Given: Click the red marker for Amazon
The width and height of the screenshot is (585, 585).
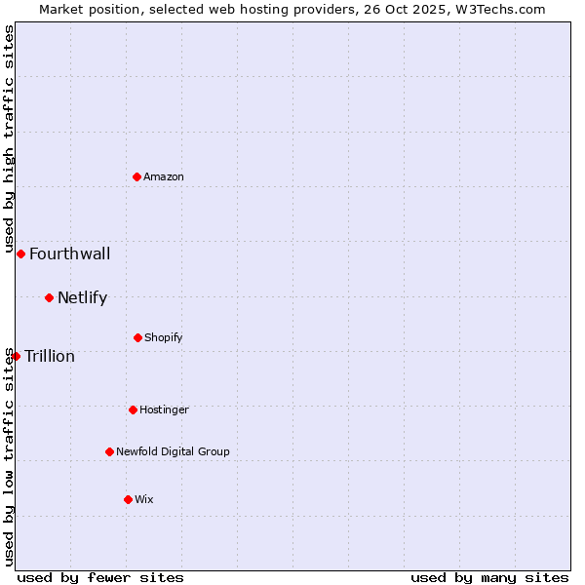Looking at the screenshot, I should (x=137, y=176).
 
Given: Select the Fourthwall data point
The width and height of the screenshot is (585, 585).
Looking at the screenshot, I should (x=20, y=253).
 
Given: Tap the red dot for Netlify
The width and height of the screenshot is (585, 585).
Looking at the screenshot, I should (x=49, y=297).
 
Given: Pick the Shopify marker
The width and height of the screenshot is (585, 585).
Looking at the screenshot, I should (x=137, y=337).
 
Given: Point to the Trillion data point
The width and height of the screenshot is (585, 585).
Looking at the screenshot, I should (x=16, y=356).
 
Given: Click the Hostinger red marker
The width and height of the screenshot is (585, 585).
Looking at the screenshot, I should (x=133, y=409).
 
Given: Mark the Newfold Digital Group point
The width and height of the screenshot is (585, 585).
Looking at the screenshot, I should (x=109, y=451).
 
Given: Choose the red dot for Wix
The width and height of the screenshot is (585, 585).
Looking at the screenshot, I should (x=128, y=499).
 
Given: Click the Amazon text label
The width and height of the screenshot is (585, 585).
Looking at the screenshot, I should (x=164, y=176).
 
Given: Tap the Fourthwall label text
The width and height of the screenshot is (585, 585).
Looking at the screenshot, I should (x=69, y=254).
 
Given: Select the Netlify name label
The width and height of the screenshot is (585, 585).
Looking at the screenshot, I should (x=82, y=298).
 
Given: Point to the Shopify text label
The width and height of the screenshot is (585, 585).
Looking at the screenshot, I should (x=164, y=337).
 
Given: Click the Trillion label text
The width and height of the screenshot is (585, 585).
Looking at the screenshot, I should (x=50, y=357).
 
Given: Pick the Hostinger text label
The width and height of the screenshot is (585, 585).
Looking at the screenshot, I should (x=164, y=409).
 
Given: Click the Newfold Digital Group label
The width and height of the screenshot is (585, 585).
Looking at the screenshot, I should (x=173, y=451).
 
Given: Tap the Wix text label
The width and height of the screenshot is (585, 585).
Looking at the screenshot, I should (x=144, y=499).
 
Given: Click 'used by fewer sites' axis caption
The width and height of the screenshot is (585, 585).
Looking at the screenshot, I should (x=100, y=577).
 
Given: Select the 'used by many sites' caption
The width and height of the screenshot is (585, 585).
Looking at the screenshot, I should (x=489, y=577).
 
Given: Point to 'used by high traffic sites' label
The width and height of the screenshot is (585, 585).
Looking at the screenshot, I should (x=9, y=139).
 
